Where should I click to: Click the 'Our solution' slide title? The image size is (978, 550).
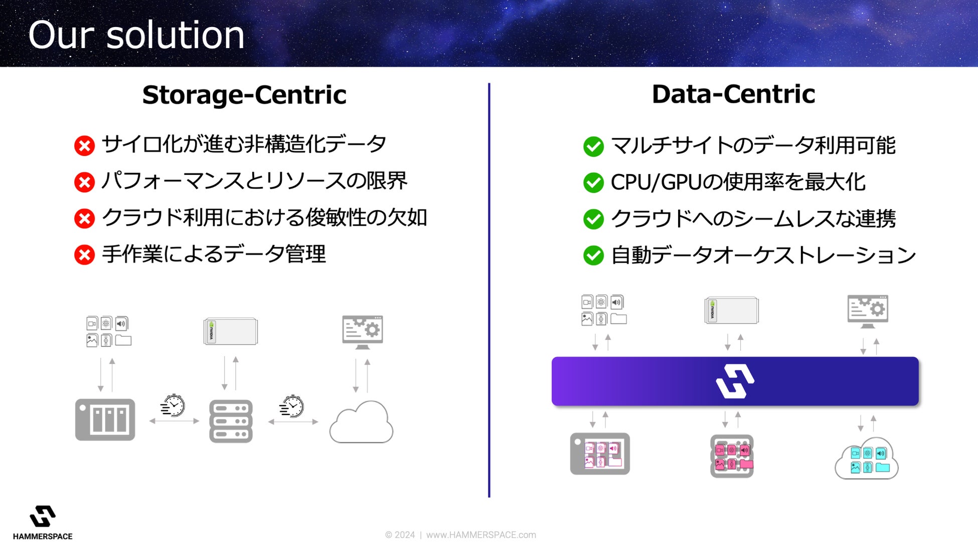click(136, 35)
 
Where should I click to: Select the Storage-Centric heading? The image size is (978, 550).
click(244, 95)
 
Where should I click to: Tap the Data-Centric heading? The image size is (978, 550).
click(733, 94)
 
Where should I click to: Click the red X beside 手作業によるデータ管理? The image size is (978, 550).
click(84, 255)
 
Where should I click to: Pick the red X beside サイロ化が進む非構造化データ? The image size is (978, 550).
click(84, 146)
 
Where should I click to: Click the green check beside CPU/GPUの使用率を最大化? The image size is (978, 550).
click(593, 182)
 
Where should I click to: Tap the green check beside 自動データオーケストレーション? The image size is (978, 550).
click(593, 255)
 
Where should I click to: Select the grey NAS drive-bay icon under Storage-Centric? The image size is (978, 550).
click(105, 420)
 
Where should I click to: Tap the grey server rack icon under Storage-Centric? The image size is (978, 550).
click(231, 421)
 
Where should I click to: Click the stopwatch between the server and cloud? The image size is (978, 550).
click(292, 407)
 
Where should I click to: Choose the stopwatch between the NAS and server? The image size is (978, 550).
click(173, 406)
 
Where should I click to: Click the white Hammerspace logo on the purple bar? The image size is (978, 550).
click(735, 381)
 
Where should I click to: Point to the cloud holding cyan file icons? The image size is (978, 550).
click(867, 459)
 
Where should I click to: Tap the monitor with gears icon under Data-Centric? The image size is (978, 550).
click(868, 311)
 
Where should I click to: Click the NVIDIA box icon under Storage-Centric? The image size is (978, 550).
click(231, 331)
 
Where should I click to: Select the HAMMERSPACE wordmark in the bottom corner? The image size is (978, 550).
click(43, 536)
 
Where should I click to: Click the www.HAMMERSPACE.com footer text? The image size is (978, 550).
click(481, 535)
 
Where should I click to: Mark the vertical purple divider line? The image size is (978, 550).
click(489, 290)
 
